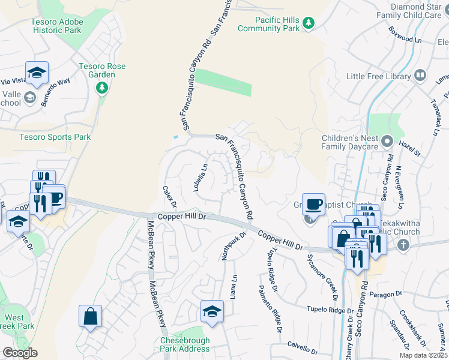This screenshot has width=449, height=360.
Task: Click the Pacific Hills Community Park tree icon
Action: [309, 23]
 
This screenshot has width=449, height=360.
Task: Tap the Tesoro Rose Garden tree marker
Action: [102, 88]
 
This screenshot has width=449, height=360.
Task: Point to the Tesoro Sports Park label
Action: [55, 137]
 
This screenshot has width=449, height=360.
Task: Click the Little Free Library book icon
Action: [420, 76]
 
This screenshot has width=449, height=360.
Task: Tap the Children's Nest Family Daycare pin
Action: [387, 142]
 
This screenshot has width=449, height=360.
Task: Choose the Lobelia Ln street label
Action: [200, 178]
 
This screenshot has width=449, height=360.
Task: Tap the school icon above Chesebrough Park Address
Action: [211, 313]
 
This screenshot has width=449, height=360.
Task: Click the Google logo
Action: [20, 353]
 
